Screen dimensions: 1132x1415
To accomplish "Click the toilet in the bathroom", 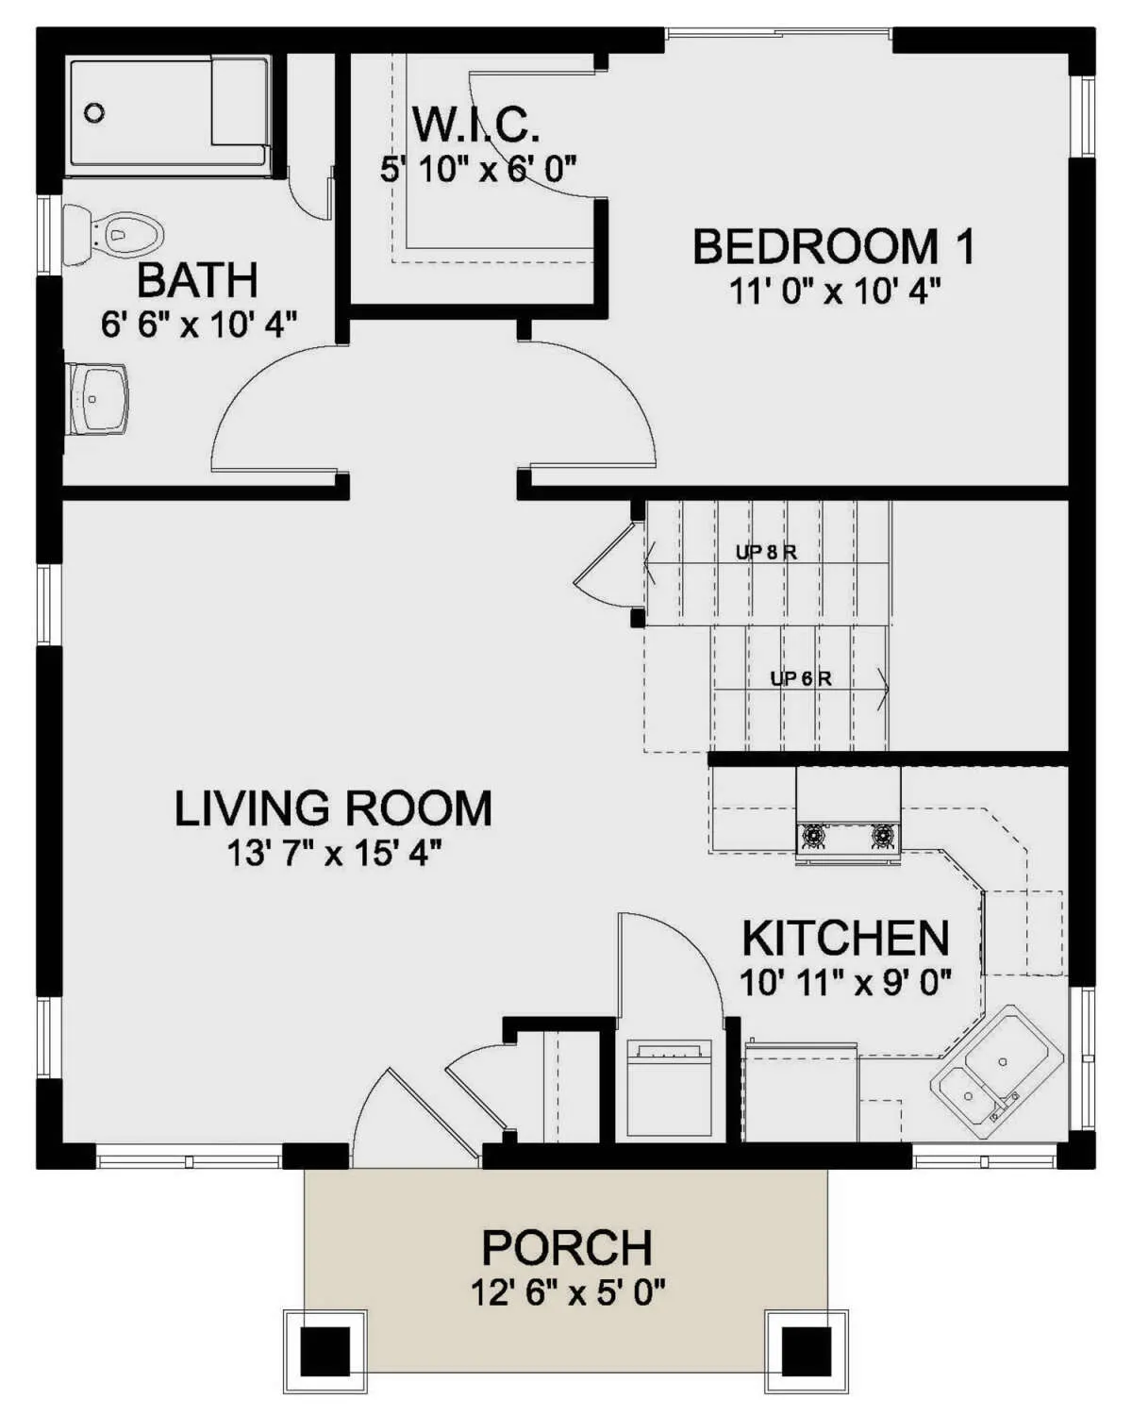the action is [112, 236].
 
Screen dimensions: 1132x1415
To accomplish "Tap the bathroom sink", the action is [99, 398].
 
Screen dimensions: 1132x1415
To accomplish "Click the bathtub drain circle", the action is [95, 112].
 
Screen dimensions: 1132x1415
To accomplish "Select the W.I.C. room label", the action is [475, 125].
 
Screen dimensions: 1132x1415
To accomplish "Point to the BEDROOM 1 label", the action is [834, 246].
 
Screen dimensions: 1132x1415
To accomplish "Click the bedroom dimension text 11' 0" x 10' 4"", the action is [835, 291].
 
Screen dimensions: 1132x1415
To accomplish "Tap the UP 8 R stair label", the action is [766, 553].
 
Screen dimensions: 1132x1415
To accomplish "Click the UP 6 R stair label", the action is [801, 678].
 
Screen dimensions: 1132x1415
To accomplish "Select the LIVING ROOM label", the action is [334, 808].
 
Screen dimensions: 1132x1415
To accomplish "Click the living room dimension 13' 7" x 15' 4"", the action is [334, 854].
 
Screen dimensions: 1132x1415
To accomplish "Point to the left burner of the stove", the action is [814, 836].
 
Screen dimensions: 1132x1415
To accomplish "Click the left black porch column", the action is [325, 1349].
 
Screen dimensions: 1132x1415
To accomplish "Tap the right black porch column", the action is [807, 1349].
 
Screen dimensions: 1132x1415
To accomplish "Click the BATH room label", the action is [197, 280].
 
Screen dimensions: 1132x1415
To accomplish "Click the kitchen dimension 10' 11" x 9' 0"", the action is [846, 983].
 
